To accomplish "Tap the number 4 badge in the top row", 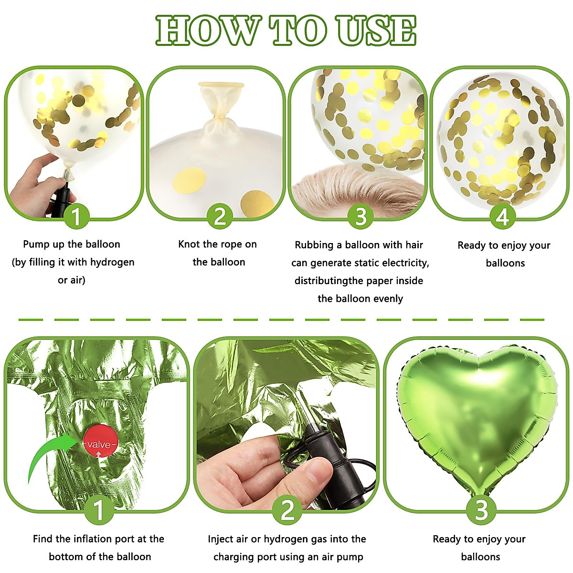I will click(x=502, y=217).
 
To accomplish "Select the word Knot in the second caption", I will click(x=189, y=244).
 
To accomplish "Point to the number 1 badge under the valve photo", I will click(x=99, y=509).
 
